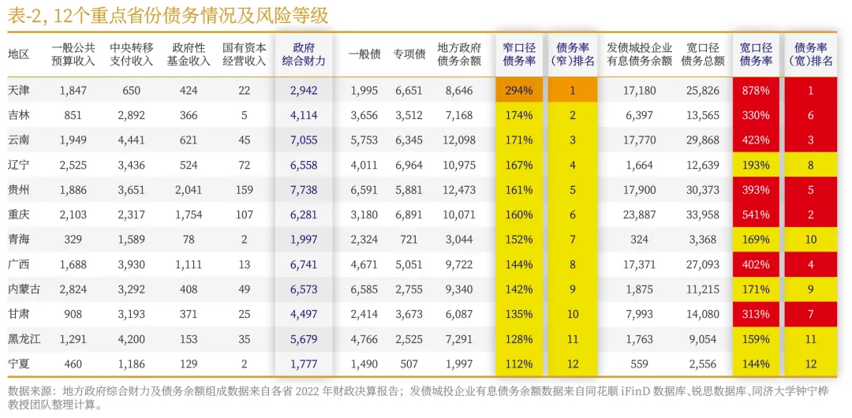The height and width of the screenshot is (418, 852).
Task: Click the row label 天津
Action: tap(20, 91)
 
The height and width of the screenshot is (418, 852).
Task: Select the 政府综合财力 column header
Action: tap(303, 54)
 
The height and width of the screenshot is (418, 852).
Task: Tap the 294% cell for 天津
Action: tap(518, 91)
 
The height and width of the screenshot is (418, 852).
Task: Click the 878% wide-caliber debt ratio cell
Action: tap(756, 91)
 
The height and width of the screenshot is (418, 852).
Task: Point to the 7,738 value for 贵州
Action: tap(303, 190)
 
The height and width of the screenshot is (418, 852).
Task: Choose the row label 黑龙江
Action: tap(25, 339)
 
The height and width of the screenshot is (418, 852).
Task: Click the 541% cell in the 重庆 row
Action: tap(756, 215)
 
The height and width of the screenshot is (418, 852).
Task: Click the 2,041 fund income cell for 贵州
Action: tap(189, 190)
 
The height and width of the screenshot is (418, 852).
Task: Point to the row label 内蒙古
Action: tap(25, 289)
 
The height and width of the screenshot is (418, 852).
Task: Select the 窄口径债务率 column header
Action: tap(518, 54)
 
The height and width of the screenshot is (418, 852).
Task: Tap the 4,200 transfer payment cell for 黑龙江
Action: tap(131, 339)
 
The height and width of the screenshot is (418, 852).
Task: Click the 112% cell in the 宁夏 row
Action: tap(518, 364)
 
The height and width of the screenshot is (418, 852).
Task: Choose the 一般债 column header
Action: tap(364, 54)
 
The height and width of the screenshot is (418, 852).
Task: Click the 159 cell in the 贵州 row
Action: tap(244, 190)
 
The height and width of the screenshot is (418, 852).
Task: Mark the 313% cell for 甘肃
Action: tap(756, 315)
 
